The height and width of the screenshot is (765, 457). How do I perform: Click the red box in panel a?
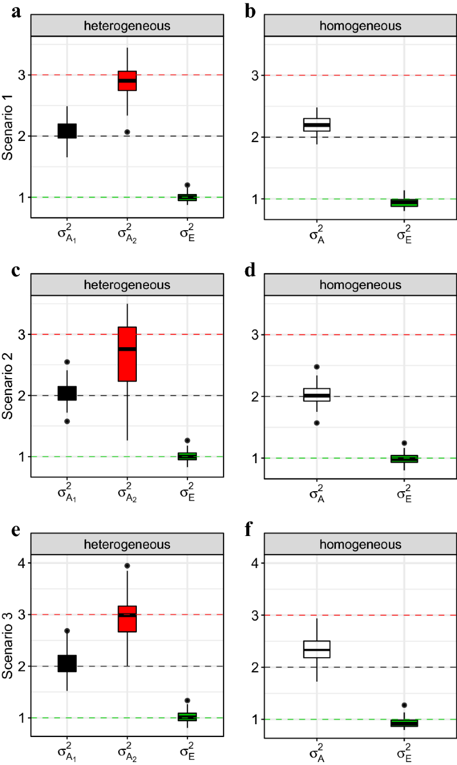[127, 80]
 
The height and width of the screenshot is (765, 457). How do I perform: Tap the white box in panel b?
[317, 124]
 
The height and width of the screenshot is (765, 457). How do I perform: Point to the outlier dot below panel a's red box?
[127, 132]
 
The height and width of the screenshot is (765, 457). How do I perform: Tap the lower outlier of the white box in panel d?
[317, 423]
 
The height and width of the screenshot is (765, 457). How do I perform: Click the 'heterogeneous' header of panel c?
[127, 285]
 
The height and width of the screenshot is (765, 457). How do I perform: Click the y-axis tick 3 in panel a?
[21, 75]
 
